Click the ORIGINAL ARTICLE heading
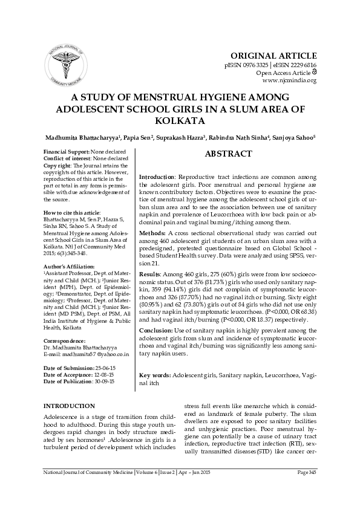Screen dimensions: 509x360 pos(283,55)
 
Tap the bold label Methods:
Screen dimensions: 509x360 pos(153,232)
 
